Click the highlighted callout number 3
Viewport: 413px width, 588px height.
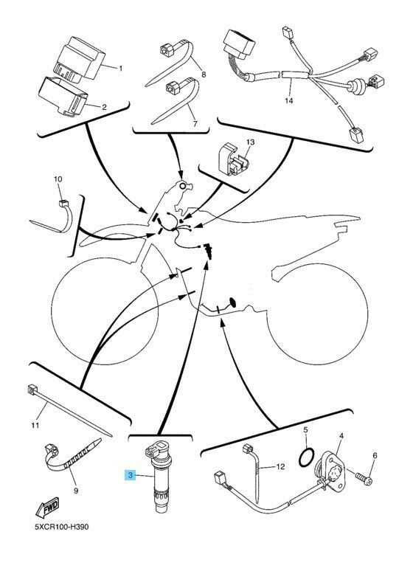click(x=130, y=478)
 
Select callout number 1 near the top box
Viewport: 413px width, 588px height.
click(x=121, y=68)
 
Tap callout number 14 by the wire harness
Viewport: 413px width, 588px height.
click(x=288, y=100)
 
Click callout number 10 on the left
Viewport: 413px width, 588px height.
click(x=58, y=179)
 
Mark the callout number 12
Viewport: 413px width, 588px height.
click(x=280, y=467)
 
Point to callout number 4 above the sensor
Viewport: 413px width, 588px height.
click(x=341, y=437)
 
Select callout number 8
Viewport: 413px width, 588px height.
click(x=204, y=75)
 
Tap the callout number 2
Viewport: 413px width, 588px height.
click(x=104, y=108)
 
